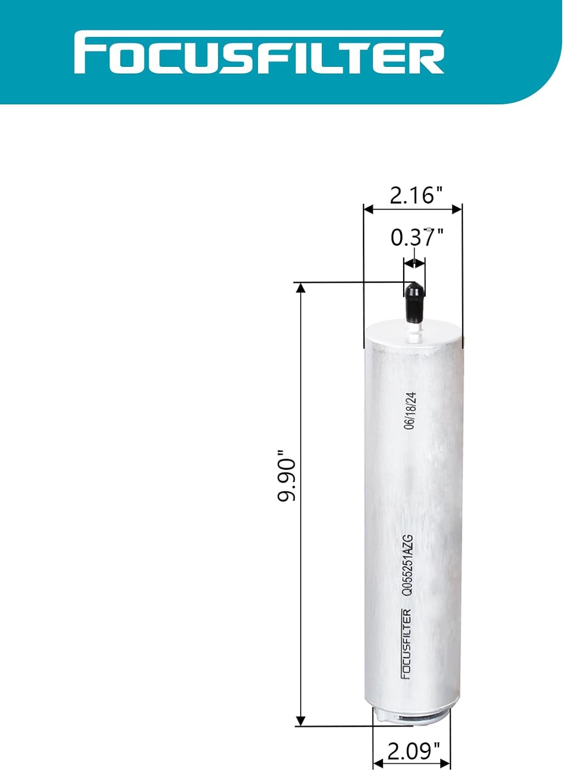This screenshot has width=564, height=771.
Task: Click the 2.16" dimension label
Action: [416, 195]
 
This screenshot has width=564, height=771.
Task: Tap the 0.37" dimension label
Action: [416, 237]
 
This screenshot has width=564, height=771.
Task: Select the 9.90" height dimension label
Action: [286, 475]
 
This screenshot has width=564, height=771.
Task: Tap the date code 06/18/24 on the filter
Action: [410, 411]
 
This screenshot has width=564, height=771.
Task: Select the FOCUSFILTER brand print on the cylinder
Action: [406, 644]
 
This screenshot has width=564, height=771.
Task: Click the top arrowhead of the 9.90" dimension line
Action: [301, 288]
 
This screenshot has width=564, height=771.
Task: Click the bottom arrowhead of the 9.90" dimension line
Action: [301, 721]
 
